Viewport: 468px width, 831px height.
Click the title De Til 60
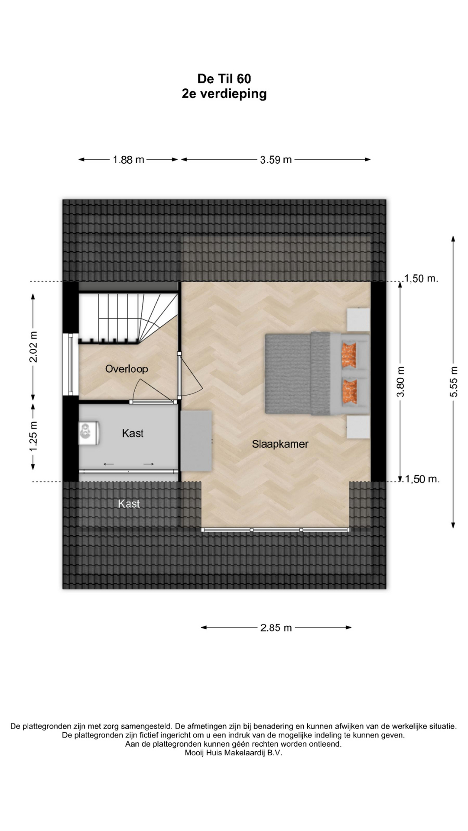[x=224, y=79]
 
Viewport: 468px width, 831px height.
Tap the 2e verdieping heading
[x=224, y=94]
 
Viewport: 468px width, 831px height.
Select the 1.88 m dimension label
[x=128, y=160]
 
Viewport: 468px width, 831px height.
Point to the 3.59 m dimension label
[x=276, y=160]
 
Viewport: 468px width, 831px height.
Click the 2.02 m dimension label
[x=34, y=347]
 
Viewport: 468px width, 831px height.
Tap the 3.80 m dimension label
[x=401, y=381]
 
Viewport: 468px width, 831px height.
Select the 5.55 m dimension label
[x=453, y=381]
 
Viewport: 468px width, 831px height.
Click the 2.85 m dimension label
[x=276, y=628]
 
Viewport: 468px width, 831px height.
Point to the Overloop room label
[x=127, y=369]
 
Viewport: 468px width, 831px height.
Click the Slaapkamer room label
[x=280, y=444]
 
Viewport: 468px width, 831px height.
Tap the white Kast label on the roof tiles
[x=129, y=504]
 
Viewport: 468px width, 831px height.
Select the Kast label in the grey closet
[x=133, y=433]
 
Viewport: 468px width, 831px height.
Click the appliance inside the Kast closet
[x=89, y=433]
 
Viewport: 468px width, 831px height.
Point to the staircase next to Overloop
[x=128, y=318]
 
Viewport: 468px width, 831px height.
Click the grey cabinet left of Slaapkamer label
[x=196, y=441]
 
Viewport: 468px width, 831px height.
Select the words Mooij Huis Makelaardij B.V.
[x=233, y=753]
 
